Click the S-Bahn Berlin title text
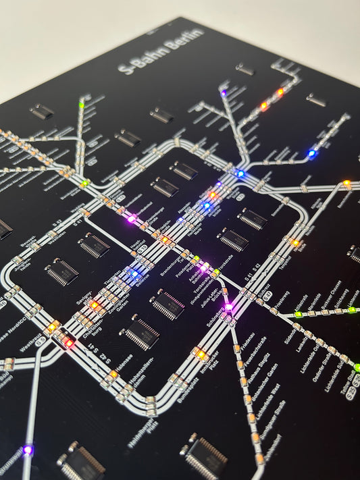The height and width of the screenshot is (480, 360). point(160,51)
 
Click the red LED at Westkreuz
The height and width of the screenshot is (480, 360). point(69,342)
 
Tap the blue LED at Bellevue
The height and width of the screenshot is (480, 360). point(134,273)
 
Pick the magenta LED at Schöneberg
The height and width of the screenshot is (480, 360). point(229,307)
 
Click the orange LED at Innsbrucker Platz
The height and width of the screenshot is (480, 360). point(201,354)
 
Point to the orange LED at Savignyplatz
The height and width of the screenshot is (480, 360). point(95,305)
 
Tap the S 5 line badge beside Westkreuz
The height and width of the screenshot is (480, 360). point(41,342)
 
